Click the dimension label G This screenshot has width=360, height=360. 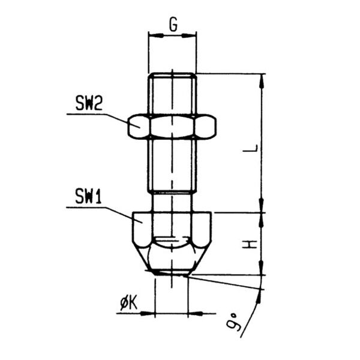coord(173,25)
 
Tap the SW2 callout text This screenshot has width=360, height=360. coord(89,103)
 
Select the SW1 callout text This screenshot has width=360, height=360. coord(88,196)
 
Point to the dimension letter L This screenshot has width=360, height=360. coord(250,148)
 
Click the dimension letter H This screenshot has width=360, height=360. coord(250,244)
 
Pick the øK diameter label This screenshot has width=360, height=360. coord(129,304)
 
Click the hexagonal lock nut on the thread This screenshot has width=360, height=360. coord(172,126)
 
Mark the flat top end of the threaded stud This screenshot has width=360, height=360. coord(172,73)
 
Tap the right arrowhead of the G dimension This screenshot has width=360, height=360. coord(189,35)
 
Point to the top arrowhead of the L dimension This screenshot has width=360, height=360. coord(262,81)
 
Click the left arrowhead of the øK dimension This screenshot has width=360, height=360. coord(148,313)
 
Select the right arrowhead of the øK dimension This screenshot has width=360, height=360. coord(196,313)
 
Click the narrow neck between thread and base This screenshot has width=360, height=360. coord(172,202)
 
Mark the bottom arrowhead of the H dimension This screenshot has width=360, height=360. coord(262,268)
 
